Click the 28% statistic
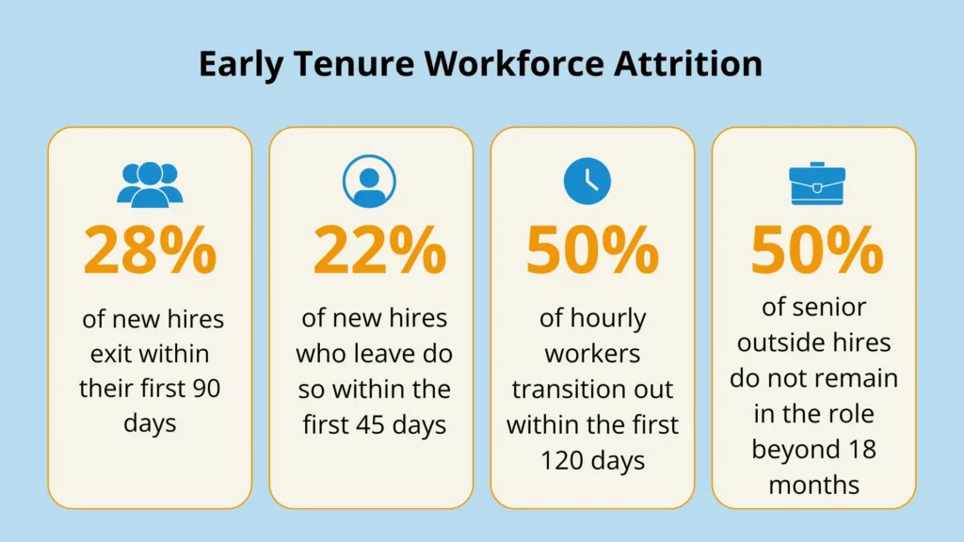(150, 249)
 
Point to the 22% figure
(379, 249)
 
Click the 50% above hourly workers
(592, 249)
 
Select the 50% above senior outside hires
(816, 249)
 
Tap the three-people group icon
(150, 183)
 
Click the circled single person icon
(370, 182)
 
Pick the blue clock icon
(587, 181)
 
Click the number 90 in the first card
(205, 388)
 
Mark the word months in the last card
(813, 485)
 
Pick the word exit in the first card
(111, 354)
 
